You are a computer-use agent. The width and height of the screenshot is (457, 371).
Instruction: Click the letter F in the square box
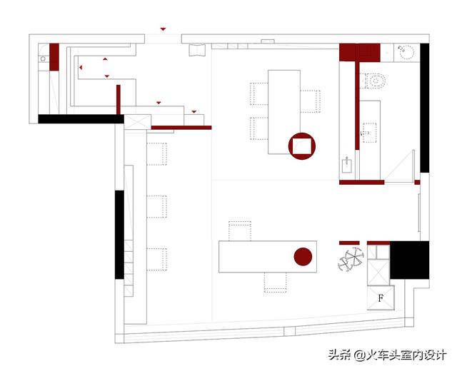[x=381, y=298]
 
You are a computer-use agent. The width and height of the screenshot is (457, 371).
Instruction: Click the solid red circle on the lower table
[x=303, y=257]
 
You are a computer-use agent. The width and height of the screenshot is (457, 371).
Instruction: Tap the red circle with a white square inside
[x=302, y=146]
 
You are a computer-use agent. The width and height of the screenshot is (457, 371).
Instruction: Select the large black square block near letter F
[x=409, y=260]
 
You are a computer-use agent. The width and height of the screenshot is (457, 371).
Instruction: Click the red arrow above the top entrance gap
[x=163, y=29]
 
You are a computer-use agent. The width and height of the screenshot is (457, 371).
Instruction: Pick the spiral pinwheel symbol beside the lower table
[x=351, y=259]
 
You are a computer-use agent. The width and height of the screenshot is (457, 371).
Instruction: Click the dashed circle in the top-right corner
[x=406, y=52]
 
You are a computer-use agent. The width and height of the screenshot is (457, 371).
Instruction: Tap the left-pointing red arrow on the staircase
[x=81, y=68]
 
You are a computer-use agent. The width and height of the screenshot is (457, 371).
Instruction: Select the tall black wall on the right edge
[x=424, y=108]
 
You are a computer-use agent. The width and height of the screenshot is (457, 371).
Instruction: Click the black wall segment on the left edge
[x=119, y=235]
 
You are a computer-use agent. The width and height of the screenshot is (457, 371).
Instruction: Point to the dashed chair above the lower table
[x=240, y=231]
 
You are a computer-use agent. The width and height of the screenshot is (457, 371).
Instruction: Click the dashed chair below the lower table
[x=275, y=283]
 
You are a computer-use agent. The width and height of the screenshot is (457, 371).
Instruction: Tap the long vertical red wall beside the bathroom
[x=357, y=106]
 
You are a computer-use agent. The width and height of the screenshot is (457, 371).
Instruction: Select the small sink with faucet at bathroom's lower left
[x=347, y=165]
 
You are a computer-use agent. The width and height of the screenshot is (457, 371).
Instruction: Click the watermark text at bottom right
[x=387, y=355]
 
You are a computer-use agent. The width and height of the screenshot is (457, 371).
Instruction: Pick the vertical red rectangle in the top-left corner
[x=54, y=57]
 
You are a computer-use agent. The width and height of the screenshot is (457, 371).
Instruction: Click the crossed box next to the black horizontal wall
[x=138, y=122]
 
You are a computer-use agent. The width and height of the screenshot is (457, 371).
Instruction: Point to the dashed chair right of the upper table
[x=310, y=101]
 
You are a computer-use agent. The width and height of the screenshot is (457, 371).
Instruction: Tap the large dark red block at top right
[x=360, y=52]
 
